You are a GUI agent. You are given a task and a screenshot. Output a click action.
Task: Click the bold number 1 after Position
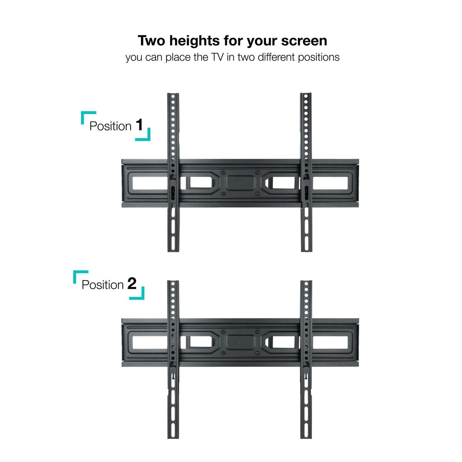click(x=139, y=125)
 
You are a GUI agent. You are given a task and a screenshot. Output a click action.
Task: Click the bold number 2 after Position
click(x=132, y=284)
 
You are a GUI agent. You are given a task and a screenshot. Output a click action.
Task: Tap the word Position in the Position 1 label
click(x=110, y=126)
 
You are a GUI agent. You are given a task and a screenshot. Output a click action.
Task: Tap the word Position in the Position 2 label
click(x=103, y=285)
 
